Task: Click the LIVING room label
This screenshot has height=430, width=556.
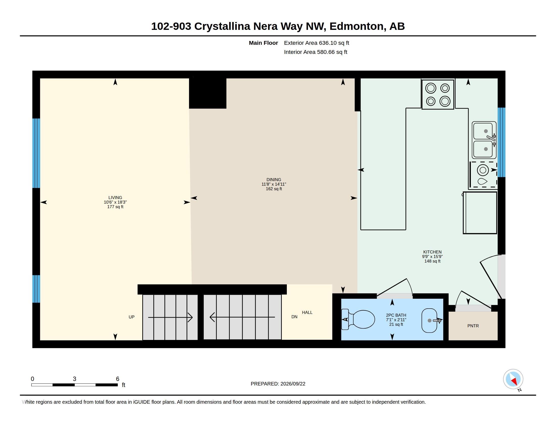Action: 115,198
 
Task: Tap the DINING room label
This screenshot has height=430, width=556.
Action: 274,180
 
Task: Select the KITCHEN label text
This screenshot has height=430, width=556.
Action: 432,252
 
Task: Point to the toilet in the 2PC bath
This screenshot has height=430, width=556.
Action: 358,319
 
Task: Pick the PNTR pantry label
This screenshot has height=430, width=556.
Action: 473,326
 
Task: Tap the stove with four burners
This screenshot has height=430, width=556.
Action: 438,95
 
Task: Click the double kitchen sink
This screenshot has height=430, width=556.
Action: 484,140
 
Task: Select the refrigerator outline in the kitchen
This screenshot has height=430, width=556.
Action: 480,213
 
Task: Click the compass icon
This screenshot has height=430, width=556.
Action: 513,379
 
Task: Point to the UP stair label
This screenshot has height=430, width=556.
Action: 131,317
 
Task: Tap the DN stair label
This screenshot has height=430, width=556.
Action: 294,317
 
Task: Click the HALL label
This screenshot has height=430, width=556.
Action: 307,312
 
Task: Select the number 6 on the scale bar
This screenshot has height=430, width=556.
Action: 118,379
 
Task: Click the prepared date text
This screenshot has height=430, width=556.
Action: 278,384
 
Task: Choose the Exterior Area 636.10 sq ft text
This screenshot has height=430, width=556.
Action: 316,43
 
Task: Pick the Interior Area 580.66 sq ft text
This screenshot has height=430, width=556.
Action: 315,52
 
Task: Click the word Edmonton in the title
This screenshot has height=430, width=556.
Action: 357,26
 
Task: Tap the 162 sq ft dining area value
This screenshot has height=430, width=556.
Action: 274,189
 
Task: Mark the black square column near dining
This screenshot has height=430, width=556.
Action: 207,93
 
